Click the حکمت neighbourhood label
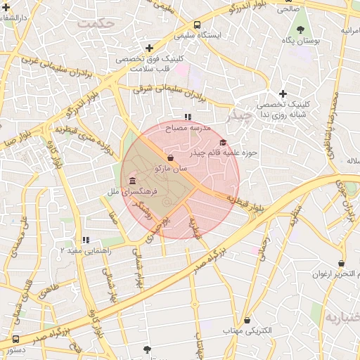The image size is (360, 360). click(x=97, y=23)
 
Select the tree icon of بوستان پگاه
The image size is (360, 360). click(x=302, y=30)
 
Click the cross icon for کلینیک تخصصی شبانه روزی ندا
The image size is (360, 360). click(x=283, y=94)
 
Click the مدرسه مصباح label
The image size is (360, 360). click(x=188, y=129)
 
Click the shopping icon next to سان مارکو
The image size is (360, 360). click(x=170, y=157)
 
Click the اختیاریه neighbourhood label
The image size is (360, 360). click(x=342, y=317)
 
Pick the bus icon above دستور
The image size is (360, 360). click(x=15, y=339)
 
